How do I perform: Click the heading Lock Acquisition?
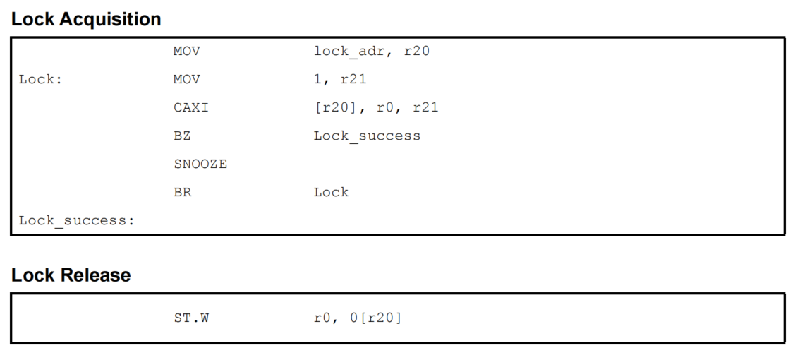tap(86, 20)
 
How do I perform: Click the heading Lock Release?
tap(71, 275)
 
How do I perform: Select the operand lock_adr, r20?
tap(372, 52)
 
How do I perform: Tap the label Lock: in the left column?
tap(40, 80)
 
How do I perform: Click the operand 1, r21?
tap(340, 80)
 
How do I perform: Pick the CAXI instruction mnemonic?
tap(190, 108)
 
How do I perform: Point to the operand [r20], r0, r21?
tap(376, 108)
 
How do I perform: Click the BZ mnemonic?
tap(182, 136)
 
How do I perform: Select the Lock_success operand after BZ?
tap(367, 136)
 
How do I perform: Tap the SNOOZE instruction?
tap(200, 164)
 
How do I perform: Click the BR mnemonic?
tap(182, 192)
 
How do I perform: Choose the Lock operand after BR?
tap(331, 192)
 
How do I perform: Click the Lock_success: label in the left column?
tap(76, 221)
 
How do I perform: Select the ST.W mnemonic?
tap(191, 318)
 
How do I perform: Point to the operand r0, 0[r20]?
tap(358, 318)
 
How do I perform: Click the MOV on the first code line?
tap(186, 52)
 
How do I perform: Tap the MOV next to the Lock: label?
tap(186, 80)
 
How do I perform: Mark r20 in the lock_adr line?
tap(417, 52)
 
